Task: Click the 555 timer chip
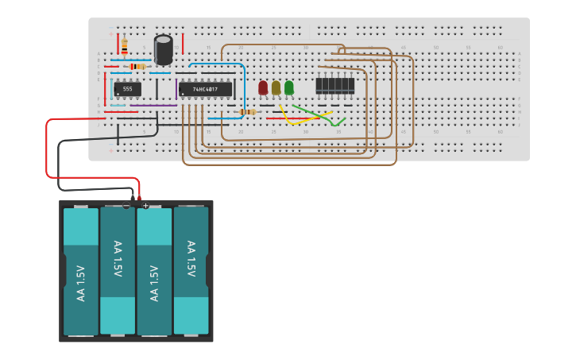coord(127,89)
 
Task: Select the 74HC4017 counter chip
coord(205,89)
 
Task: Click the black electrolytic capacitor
coord(164,49)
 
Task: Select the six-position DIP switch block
coord(334,85)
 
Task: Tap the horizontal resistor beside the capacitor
coord(137,66)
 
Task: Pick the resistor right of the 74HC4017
coord(249,112)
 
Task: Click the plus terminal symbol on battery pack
coord(145,206)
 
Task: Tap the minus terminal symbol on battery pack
coord(126,206)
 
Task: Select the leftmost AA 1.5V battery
coord(81,271)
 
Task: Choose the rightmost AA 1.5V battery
coord(191,270)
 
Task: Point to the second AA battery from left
coord(118,270)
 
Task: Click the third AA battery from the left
coord(155,271)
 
